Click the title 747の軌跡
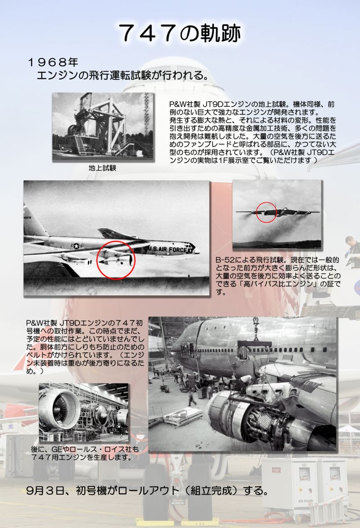tap(180, 33)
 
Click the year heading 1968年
tap(53, 62)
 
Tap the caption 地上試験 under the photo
tap(103, 168)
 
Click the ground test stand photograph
tap(103, 126)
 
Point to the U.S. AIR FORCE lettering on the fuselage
tap(167, 249)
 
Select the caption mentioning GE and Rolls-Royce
tap(85, 453)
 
